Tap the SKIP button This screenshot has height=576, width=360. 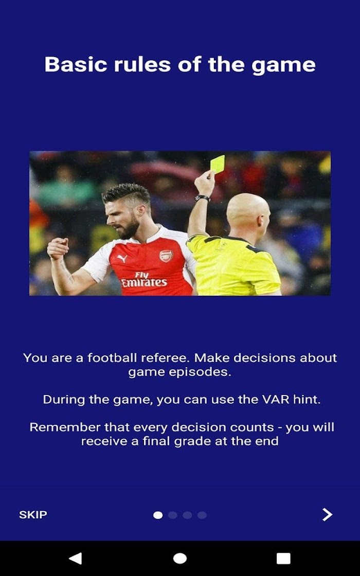click(33, 515)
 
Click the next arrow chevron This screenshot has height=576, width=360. click(327, 515)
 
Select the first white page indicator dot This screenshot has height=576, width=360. click(158, 515)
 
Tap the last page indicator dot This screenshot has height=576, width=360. click(202, 515)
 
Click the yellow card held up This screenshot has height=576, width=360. click(218, 164)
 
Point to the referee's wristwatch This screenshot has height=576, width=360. click(203, 198)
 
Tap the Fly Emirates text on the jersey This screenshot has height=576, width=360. click(144, 279)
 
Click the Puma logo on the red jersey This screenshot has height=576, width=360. click(122, 259)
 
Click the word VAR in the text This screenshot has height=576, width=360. click(277, 399)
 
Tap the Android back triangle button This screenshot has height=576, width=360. click(75, 559)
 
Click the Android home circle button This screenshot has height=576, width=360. click(180, 559)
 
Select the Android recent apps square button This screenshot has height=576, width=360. click(283, 559)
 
